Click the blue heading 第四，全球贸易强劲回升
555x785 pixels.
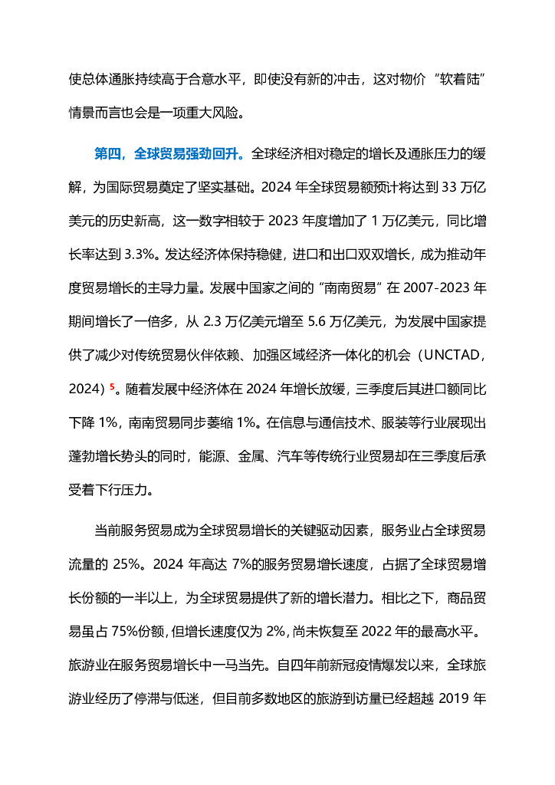coord(169,154)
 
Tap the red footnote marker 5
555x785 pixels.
coord(111,387)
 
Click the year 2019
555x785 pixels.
coord(452,701)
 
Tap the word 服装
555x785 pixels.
coord(396,423)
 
